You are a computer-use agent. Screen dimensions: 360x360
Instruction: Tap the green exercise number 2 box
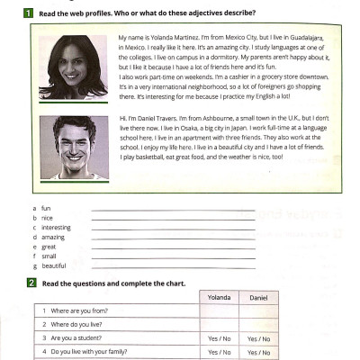coord(31,283)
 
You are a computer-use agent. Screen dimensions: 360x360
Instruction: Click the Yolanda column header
coord(220,297)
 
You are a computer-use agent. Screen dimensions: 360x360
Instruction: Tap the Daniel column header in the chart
coord(258,297)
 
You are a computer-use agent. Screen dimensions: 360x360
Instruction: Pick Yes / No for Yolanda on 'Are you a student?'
coord(220,339)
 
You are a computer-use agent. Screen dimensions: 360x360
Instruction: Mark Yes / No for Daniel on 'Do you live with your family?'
coord(258,352)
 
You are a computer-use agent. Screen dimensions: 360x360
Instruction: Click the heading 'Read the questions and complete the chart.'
coord(113,283)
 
